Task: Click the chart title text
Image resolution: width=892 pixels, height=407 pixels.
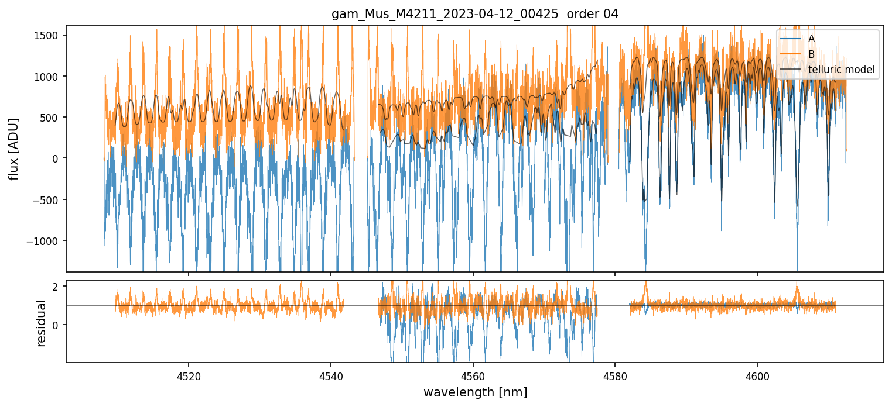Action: (474, 14)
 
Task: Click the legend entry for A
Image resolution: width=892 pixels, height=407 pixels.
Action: (812, 39)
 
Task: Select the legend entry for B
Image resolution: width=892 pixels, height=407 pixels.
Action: (812, 54)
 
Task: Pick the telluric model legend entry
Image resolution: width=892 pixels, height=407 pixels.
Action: (841, 70)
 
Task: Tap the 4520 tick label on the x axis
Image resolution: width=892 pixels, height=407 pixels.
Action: (189, 374)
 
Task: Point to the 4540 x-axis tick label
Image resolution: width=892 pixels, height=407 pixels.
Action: (331, 374)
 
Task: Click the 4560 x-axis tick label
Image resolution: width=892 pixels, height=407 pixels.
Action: (473, 374)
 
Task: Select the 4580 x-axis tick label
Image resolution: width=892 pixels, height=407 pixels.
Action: (615, 374)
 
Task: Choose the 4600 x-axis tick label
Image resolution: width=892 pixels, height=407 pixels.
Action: (757, 374)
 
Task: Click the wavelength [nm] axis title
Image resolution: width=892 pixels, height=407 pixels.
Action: (474, 392)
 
